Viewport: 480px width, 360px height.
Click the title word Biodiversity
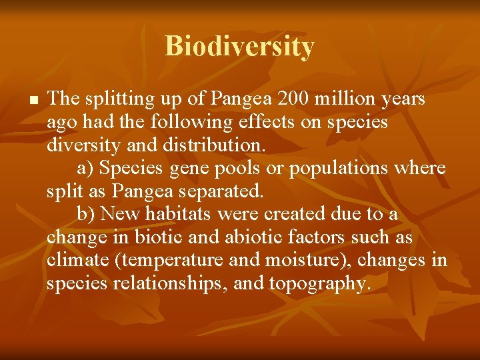[239, 47]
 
